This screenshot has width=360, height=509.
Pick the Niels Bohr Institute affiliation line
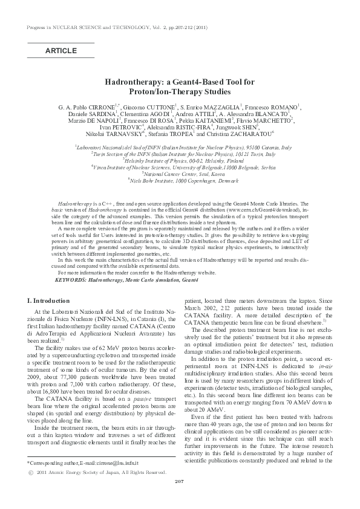(180, 180)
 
